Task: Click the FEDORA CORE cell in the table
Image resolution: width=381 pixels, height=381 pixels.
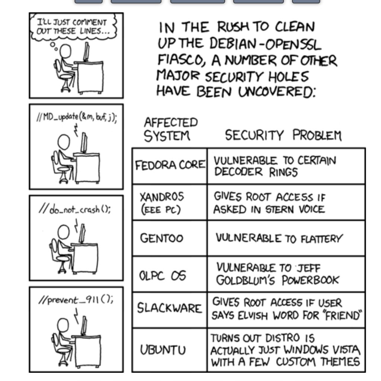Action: pos(170,165)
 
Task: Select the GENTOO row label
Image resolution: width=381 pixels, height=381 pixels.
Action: pos(161,238)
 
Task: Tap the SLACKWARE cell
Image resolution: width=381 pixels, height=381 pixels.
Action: pos(169,308)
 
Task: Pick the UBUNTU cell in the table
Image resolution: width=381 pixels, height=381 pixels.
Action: pos(163,350)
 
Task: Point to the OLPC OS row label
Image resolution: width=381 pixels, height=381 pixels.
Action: pos(162,276)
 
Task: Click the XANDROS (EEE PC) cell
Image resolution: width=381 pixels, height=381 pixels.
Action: pos(161,203)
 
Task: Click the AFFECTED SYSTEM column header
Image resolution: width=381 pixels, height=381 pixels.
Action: pos(171,129)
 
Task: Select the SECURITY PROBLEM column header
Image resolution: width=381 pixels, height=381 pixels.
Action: pos(283,135)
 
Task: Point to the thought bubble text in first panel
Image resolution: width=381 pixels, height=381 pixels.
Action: pos(71,26)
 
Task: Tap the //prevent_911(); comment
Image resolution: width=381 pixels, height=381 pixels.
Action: pos(76,300)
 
